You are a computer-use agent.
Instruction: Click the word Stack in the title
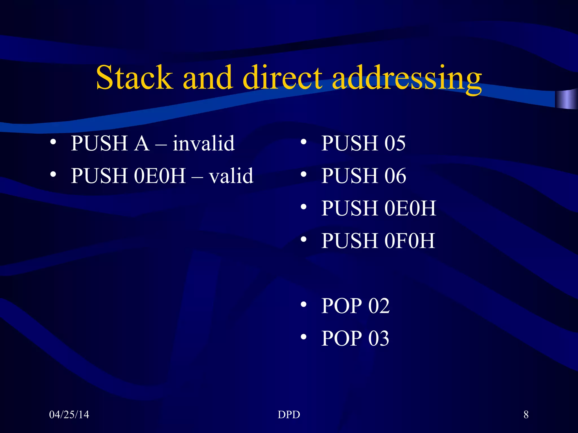click(134, 78)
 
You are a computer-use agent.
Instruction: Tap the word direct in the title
click(282, 78)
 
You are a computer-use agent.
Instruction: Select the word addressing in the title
click(407, 79)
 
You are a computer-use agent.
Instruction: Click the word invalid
click(203, 143)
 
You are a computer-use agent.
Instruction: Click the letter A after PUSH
click(142, 143)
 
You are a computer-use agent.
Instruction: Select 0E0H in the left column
click(159, 176)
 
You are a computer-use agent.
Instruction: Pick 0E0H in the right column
click(410, 208)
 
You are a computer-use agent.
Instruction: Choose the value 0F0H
click(410, 241)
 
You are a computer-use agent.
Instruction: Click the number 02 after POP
click(379, 306)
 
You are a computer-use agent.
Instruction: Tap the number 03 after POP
click(379, 338)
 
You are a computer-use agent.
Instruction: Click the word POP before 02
click(342, 306)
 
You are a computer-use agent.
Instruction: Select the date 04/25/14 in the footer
click(69, 415)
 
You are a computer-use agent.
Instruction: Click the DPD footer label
click(289, 415)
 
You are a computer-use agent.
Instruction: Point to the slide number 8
click(526, 415)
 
